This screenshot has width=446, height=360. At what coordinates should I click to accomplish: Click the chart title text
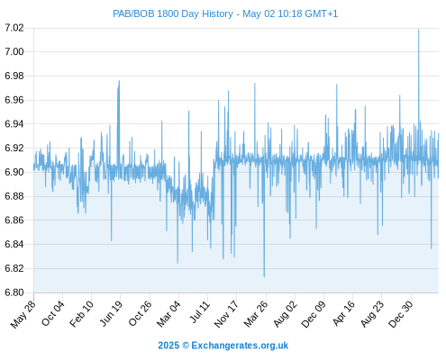click(x=225, y=13)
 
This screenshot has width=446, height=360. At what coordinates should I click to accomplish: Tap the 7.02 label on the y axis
click(x=14, y=28)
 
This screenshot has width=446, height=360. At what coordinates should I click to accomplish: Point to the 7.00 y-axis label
click(x=14, y=52)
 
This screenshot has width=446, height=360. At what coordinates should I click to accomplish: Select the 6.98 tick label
click(x=14, y=76)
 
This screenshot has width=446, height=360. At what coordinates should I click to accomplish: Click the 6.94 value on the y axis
click(x=14, y=124)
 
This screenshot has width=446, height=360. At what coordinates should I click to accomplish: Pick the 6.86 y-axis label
click(x=14, y=220)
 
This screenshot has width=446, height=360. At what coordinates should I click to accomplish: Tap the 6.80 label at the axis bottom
click(x=14, y=292)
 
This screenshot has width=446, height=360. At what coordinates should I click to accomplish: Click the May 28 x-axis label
click(x=23, y=314)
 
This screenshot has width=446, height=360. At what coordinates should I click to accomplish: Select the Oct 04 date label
click(x=53, y=313)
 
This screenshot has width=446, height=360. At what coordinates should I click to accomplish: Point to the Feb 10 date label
click(x=81, y=314)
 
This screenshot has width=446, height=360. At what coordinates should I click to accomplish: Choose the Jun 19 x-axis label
click(x=111, y=313)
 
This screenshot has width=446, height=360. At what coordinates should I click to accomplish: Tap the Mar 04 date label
click(x=168, y=314)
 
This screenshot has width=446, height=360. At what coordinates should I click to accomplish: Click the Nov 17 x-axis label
click(x=226, y=314)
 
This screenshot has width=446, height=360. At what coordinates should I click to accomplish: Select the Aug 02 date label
click(x=285, y=314)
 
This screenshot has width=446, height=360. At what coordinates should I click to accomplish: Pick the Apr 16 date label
click(x=343, y=313)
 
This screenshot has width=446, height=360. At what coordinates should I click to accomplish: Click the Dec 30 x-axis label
click(x=400, y=314)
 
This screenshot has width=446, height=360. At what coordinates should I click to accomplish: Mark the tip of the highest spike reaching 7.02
click(x=418, y=29)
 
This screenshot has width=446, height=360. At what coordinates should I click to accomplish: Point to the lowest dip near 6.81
click(x=264, y=276)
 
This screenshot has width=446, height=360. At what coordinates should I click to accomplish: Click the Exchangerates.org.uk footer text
click(x=240, y=346)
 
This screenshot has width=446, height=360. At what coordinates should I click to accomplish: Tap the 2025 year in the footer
click(x=168, y=346)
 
